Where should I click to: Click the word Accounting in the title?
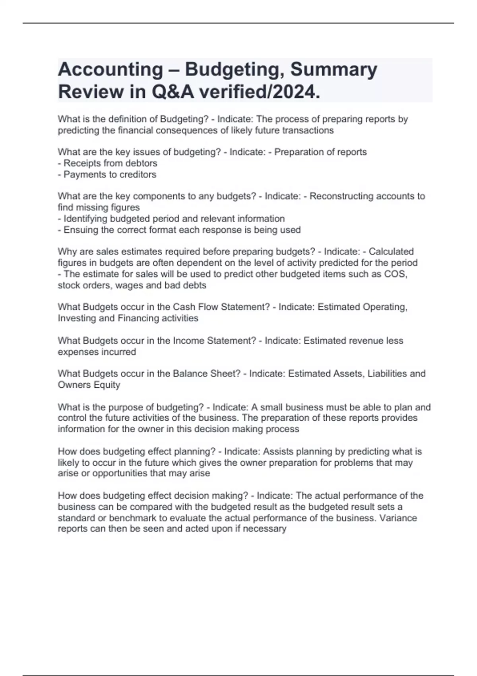tap(110, 70)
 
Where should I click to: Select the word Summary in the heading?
tap(334, 70)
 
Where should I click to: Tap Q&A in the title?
tap(173, 92)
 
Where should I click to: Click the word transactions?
tap(308, 130)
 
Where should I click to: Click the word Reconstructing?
tap(341, 196)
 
